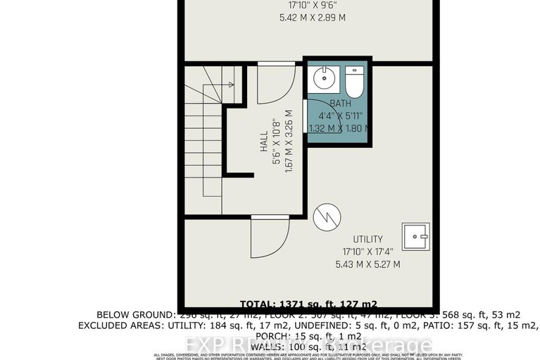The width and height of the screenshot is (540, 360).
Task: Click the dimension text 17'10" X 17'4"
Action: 368,252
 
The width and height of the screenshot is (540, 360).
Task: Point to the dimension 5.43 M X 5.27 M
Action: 368,264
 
